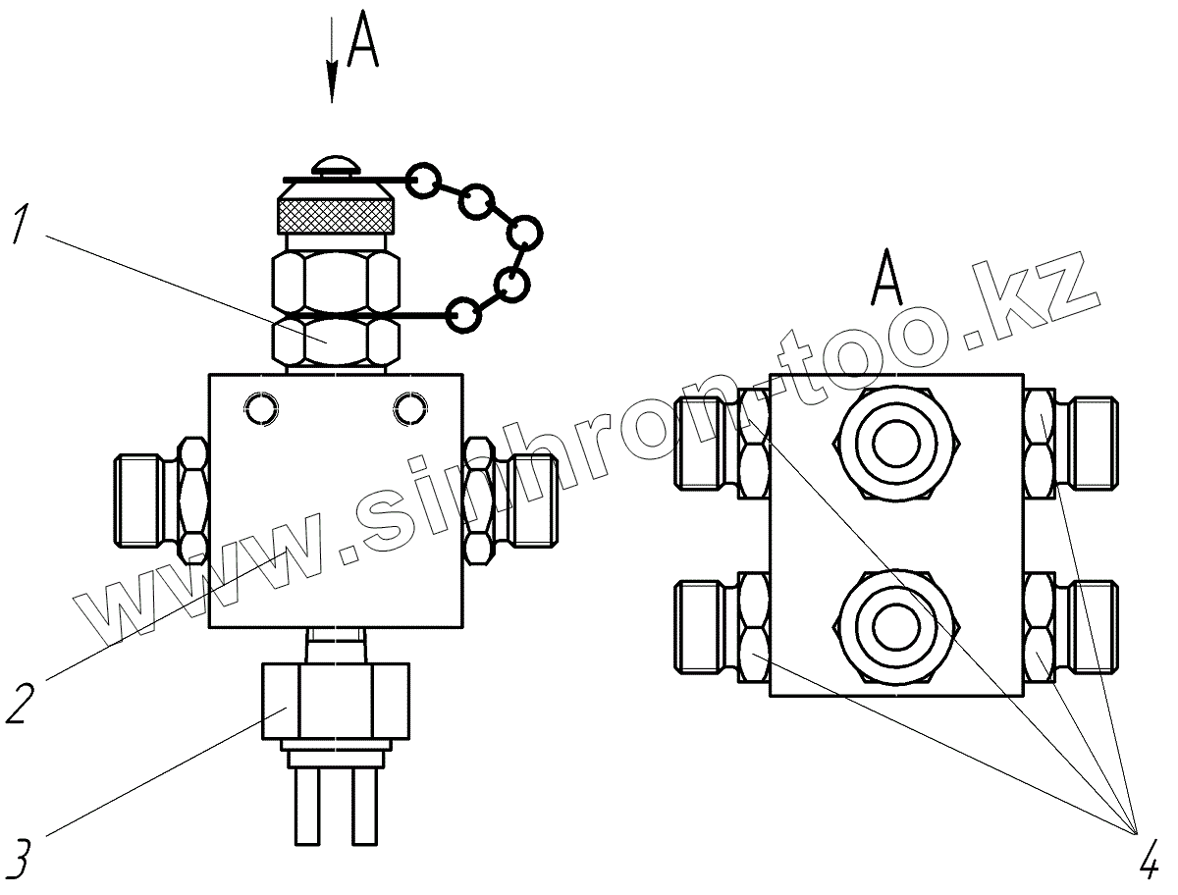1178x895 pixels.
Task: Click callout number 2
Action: [x=22, y=704]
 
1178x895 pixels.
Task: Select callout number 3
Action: [x=22, y=856]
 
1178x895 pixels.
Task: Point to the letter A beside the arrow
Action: [x=363, y=44]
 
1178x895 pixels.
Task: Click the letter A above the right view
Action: [x=886, y=280]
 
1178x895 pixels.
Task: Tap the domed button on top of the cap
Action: [x=335, y=165]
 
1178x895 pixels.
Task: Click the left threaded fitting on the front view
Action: [x=147, y=500]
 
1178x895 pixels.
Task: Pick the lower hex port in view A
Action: [x=894, y=626]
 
